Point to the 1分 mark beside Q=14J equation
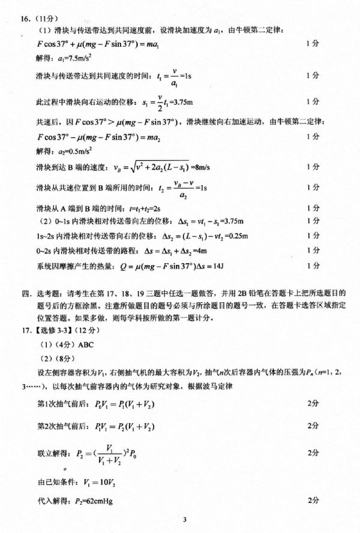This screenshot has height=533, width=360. click(x=313, y=264)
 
